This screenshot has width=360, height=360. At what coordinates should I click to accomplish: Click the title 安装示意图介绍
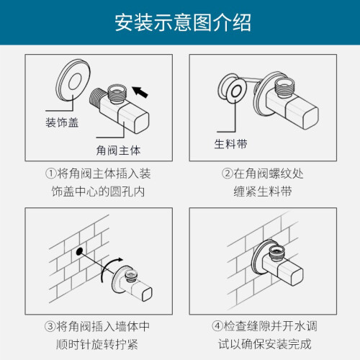tap(183, 22)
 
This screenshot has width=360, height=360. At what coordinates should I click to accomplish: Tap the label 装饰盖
tap(62, 122)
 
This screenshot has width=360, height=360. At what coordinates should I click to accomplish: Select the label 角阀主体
tap(118, 150)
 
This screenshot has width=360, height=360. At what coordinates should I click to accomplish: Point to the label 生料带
tap(230, 144)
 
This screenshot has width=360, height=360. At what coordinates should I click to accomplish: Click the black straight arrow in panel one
tap(140, 92)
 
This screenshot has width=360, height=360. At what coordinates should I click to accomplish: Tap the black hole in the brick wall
tap(79, 251)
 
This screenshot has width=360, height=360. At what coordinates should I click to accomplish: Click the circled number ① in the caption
tap(50, 174)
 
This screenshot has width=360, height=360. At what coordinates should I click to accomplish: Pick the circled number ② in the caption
tap(227, 174)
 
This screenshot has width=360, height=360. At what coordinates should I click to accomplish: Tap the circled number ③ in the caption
tap(50, 326)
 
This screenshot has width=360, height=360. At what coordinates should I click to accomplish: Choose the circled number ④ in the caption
tap(217, 326)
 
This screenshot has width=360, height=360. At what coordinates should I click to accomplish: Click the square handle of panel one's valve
tap(134, 119)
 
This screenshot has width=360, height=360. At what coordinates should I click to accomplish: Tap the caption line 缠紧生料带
tap(263, 192)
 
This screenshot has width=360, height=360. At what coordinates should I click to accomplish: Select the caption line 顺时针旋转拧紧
tap(97, 344)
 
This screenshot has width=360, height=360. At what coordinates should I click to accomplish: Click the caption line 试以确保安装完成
tap(265, 344)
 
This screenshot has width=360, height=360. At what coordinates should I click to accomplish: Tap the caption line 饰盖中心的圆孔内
tap(98, 192)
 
